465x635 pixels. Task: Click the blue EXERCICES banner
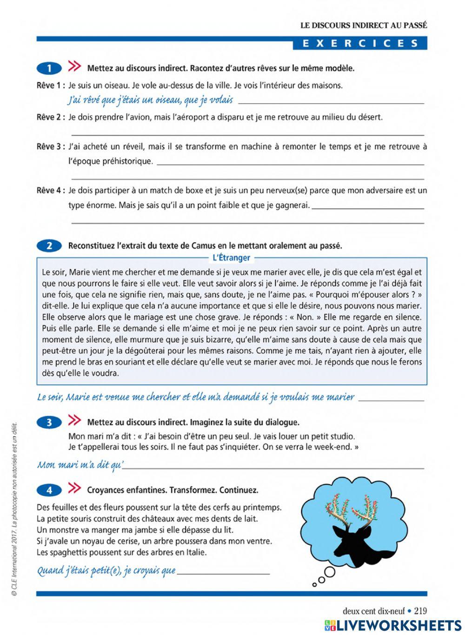(359, 43)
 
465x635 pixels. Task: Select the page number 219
(420, 611)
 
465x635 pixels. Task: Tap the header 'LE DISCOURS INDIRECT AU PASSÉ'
(363, 26)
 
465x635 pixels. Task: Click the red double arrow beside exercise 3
(74, 421)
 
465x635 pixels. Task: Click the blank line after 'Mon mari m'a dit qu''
(274, 466)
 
